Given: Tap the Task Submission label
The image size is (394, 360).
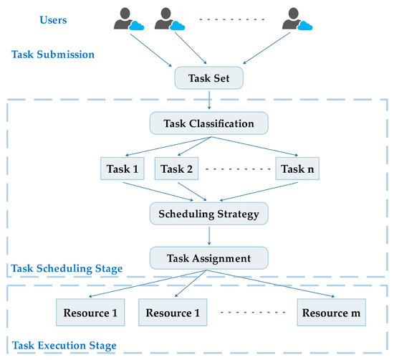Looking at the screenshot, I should tap(52, 55).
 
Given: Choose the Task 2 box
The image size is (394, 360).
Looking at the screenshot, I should tap(177, 169).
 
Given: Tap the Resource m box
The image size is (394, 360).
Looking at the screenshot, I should tap(330, 313).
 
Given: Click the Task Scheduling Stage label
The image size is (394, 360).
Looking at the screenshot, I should tap(66, 270).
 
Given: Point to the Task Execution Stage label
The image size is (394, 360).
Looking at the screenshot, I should tap(63, 346).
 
